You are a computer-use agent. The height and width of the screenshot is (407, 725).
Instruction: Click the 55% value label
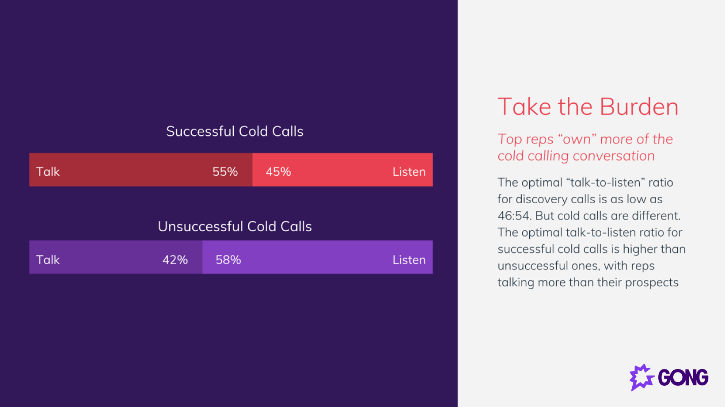click(x=225, y=171)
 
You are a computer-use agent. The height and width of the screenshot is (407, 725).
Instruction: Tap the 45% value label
click(x=278, y=171)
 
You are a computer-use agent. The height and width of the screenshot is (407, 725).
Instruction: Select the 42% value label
click(x=175, y=260)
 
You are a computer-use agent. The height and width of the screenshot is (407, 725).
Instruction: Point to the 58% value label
click(x=228, y=260)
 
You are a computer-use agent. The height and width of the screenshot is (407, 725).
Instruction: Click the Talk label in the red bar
click(x=48, y=171)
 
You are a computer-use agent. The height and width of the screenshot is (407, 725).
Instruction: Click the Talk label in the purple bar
click(x=48, y=260)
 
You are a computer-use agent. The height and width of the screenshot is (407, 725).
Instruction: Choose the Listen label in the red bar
click(x=409, y=171)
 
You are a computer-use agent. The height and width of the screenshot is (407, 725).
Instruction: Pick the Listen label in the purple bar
click(x=409, y=260)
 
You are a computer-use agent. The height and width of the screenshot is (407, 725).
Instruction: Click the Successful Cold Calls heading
click(x=235, y=131)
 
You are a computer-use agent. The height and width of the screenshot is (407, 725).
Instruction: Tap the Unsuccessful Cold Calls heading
click(x=235, y=226)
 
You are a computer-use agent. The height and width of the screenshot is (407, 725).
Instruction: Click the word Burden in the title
click(x=639, y=107)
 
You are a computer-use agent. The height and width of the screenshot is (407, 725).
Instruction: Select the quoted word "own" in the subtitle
click(x=577, y=139)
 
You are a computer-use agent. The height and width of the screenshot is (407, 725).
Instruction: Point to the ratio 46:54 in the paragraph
click(x=513, y=216)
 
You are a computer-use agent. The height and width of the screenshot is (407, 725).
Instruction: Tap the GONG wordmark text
click(x=683, y=377)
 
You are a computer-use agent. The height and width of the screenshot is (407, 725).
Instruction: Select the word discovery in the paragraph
click(x=541, y=199)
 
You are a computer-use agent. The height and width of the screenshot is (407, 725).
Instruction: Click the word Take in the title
click(x=524, y=107)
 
